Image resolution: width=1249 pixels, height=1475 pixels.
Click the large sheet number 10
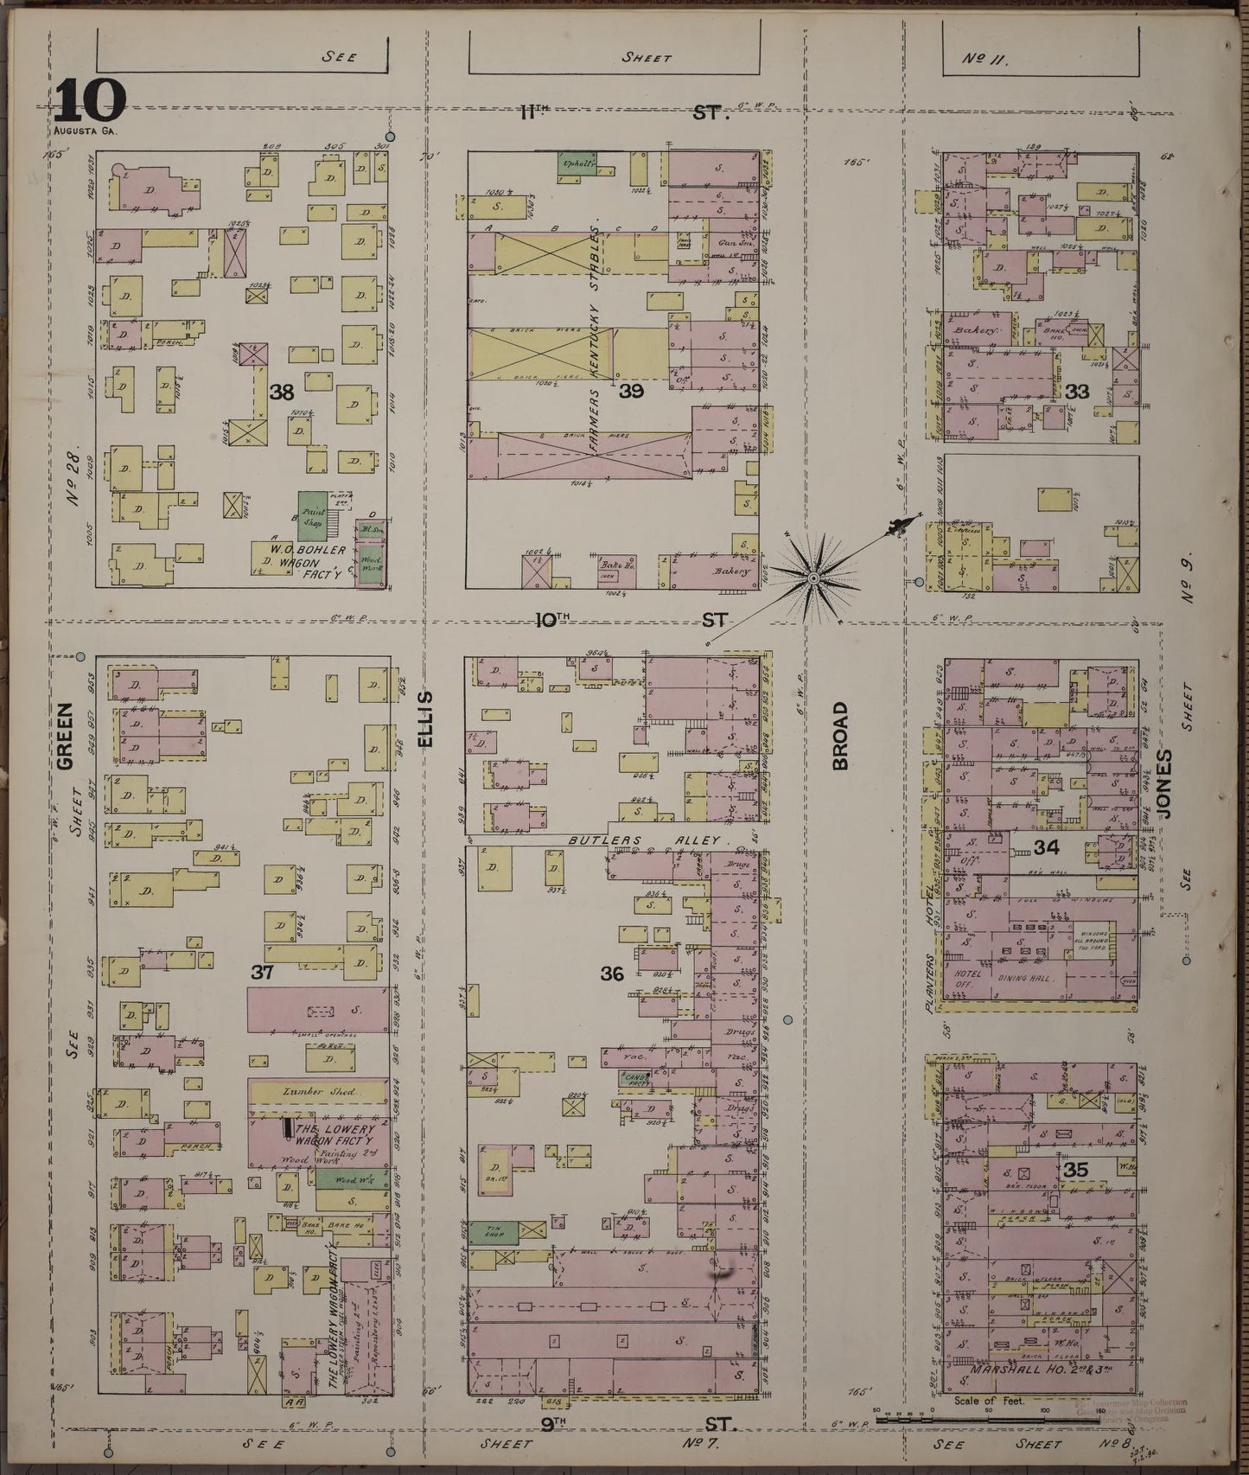(91, 104)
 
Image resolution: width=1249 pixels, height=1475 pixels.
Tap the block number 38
(281, 393)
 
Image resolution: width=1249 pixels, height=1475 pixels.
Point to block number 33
(1077, 392)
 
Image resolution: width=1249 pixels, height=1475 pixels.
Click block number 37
(262, 972)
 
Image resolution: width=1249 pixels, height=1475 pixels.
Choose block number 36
(612, 974)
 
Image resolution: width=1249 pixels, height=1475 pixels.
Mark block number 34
(1047, 848)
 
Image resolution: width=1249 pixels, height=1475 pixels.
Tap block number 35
(1076, 1170)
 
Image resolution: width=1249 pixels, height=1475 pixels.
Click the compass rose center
(813, 577)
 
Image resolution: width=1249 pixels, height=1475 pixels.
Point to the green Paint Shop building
(311, 517)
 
